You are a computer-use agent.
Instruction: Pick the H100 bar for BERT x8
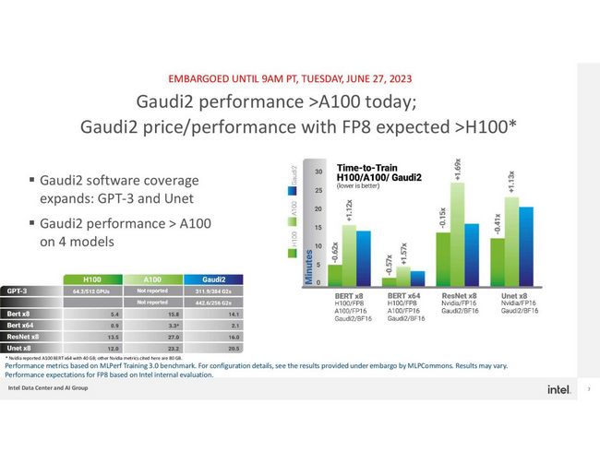334,276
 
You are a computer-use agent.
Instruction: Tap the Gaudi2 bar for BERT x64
417,279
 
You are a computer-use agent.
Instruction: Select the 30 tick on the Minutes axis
318,172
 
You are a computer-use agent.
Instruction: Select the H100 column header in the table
92,279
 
